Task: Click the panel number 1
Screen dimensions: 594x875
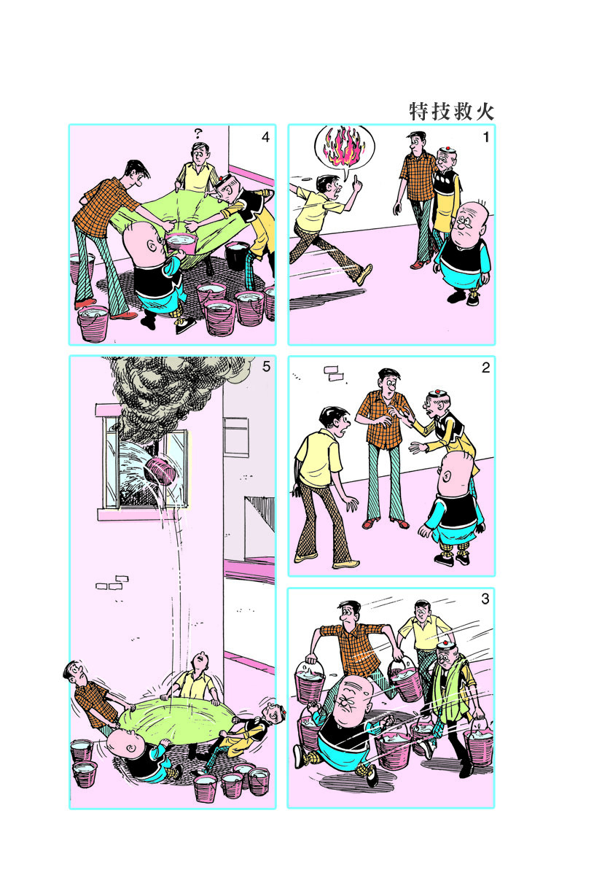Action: pos(486,137)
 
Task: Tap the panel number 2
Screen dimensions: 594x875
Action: pos(485,367)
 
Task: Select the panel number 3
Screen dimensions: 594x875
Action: pos(485,599)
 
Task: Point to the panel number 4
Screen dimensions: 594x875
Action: pos(265,137)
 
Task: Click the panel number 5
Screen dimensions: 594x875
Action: pos(266,366)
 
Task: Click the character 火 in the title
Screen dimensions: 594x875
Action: pos(485,112)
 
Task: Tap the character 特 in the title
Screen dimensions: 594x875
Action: pos(419,112)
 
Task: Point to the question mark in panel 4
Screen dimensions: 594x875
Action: pos(198,133)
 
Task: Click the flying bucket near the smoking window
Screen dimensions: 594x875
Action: pos(160,472)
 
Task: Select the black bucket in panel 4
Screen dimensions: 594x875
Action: pos(237,256)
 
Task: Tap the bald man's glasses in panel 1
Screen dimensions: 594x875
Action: pos(464,223)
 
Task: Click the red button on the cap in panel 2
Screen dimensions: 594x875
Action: pos(438,392)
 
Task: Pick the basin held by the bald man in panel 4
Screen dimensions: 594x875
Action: pos(181,244)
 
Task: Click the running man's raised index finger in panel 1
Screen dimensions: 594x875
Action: pos(355,179)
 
